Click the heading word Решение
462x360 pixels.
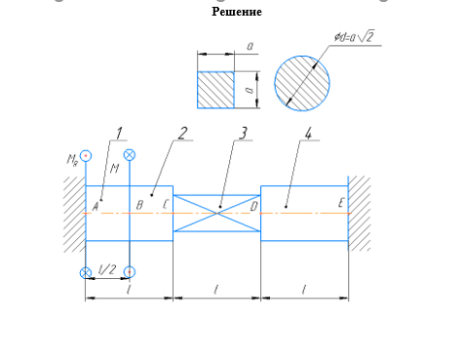pos(237,12)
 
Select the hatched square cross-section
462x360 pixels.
pos(215,90)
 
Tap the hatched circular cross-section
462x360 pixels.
pos(302,83)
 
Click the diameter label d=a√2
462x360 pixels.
pos(355,36)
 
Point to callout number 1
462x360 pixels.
pos(119,134)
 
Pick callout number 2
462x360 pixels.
pos(183,134)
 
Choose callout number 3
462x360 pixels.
pos(243,134)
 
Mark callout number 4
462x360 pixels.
pos(308,134)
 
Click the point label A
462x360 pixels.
pos(96,207)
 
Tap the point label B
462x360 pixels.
pos(139,205)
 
